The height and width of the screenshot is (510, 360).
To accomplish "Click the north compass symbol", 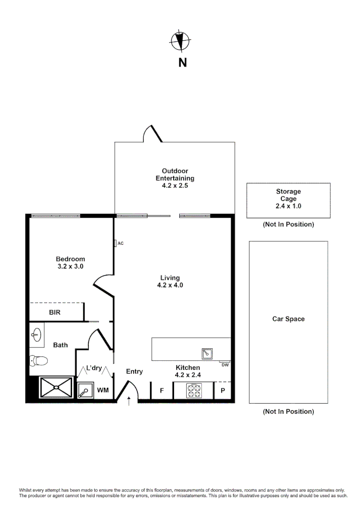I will point(179,41).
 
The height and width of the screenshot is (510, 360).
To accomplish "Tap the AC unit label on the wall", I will point(120,243).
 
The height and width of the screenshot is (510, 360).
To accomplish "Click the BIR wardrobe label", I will point(55,312).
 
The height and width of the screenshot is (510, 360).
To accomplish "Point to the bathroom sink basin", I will point(37,335).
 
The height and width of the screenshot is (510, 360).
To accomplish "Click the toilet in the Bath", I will point(39,361).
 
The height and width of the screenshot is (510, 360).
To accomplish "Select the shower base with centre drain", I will point(56,388).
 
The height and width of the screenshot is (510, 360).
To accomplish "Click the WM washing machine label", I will point(102,391).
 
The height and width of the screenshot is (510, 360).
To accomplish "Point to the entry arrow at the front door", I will point(129,401).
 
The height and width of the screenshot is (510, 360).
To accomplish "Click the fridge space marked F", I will point(161,391).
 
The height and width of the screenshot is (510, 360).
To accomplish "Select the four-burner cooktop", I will point(193,391).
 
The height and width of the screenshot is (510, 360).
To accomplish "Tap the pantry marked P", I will point(223,391).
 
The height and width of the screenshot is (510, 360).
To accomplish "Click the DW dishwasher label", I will point(225,365).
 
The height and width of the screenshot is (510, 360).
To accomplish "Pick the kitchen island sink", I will point(207,353).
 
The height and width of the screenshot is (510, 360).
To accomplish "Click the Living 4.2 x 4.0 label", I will point(170,281).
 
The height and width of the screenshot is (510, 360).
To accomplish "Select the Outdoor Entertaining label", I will point(175,178).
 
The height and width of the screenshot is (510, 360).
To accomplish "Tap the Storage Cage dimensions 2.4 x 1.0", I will point(288,206).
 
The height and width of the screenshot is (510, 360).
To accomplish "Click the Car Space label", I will point(288,319).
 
